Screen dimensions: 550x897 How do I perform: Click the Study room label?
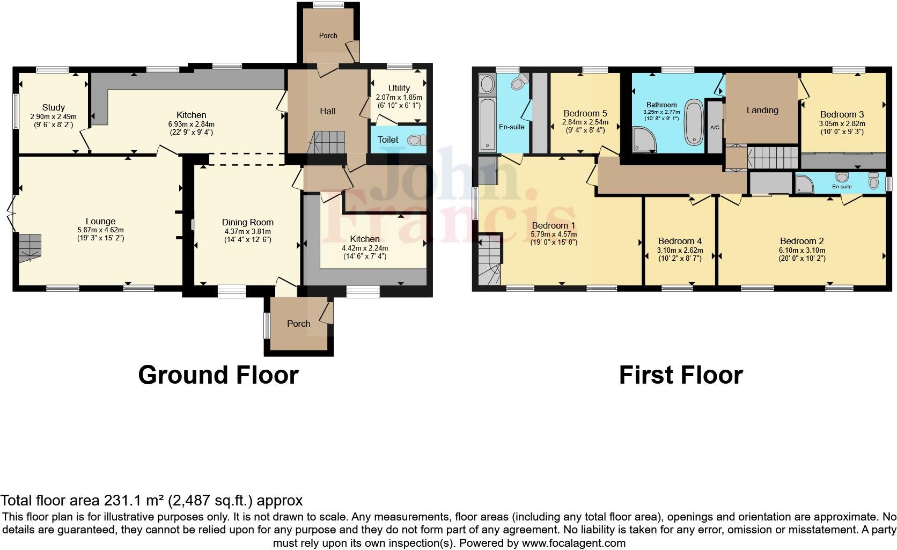click(54, 108)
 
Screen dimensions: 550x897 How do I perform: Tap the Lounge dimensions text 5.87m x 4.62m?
click(100, 230)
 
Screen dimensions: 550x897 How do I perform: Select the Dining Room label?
click(248, 222)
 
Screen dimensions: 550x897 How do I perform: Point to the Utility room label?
click(399, 88)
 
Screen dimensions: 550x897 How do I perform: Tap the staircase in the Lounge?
click(30, 248)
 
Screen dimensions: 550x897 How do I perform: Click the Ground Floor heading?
click(218, 375)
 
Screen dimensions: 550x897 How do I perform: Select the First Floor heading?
click(680, 375)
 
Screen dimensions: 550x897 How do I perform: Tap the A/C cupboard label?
click(715, 128)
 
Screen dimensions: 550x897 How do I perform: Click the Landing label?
click(762, 110)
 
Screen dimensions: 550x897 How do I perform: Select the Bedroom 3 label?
click(842, 114)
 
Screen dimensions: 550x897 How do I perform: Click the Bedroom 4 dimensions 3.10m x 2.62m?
click(680, 250)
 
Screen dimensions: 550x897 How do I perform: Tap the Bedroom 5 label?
click(585, 113)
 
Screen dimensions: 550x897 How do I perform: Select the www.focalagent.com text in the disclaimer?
click(574, 542)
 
